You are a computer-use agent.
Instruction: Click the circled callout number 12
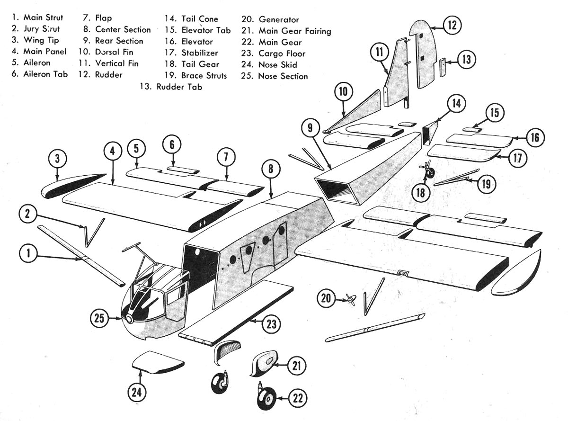[452, 25]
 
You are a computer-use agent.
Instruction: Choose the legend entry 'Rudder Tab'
[171, 87]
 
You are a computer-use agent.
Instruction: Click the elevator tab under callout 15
[472, 129]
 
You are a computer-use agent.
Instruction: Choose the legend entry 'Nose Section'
[283, 76]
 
